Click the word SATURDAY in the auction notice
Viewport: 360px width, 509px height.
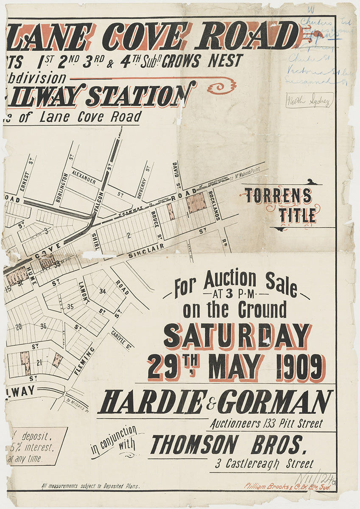pos(237,336)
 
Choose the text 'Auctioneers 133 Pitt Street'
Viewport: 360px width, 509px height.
pos(266,423)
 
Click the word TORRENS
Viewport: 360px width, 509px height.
pos(278,196)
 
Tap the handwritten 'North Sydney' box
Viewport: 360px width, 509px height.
pos(310,101)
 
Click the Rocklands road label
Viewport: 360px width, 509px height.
pos(215,205)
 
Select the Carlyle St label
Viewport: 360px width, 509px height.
pos(121,339)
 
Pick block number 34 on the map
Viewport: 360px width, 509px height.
pos(102,291)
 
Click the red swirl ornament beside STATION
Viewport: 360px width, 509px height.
pos(221,87)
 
